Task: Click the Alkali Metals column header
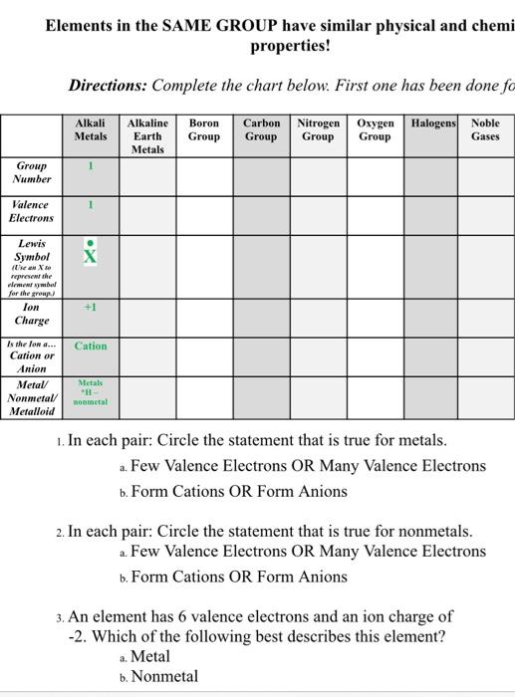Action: click(91, 129)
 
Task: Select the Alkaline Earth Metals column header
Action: click(146, 135)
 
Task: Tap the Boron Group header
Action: click(203, 129)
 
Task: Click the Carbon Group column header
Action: click(261, 129)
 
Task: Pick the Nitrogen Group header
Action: click(318, 129)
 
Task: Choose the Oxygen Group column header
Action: click(375, 129)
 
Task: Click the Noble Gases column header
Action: click(485, 129)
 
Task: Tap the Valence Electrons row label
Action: click(32, 211)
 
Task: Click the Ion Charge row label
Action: click(32, 315)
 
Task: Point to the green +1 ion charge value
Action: click(91, 309)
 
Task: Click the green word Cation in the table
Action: click(91, 347)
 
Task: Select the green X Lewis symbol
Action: click(91, 257)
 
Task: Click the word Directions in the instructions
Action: click(109, 86)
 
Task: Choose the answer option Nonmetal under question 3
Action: click(164, 677)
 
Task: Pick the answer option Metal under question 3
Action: click(150, 657)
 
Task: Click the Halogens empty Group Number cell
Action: click(432, 175)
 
